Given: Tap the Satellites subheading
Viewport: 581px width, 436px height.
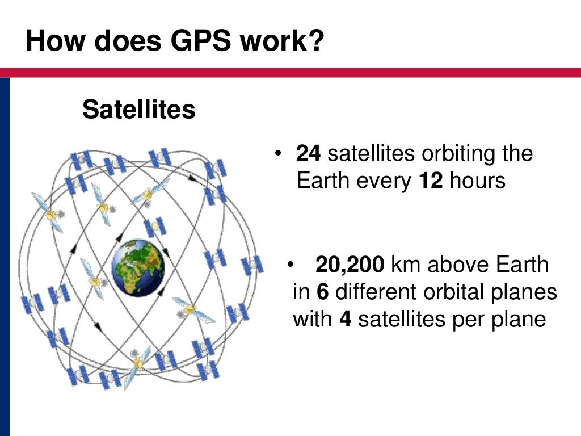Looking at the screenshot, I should click(139, 110).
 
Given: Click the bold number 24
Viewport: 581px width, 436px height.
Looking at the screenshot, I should click(309, 154).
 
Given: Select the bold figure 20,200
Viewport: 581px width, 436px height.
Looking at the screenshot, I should click(350, 265).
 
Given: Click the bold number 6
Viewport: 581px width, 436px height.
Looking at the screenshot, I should click(323, 292).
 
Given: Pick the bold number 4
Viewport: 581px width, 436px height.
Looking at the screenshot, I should click(346, 320).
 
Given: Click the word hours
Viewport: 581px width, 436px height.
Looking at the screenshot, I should click(477, 181).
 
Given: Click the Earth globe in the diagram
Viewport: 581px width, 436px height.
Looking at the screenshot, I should click(138, 267).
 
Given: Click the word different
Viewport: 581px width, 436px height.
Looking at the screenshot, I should click(376, 292).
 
